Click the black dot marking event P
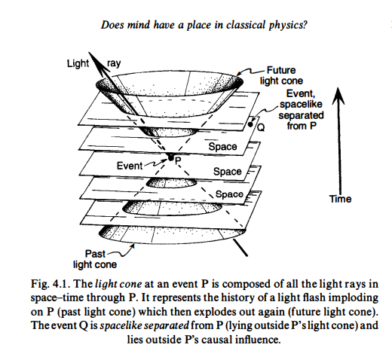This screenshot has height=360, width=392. click(x=171, y=158)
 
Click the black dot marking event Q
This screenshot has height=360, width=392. click(x=250, y=124)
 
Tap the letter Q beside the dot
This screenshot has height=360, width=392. click(x=261, y=128)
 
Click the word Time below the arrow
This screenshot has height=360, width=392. click(x=341, y=199)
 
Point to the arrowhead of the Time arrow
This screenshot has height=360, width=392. click(x=338, y=96)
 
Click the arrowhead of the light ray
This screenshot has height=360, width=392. click(x=96, y=62)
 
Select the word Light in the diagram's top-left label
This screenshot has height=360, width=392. click(x=78, y=63)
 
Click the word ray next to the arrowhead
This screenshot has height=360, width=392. click(x=114, y=63)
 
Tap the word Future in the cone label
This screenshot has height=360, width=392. click(x=281, y=70)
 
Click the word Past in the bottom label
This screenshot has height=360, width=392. click(x=95, y=254)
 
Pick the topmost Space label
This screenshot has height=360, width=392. click(x=222, y=147)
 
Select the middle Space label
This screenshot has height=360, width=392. click(x=228, y=172)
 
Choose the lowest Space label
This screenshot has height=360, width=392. click(x=229, y=194)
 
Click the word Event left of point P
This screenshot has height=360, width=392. click(x=130, y=166)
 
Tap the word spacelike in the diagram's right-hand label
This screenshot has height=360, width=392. click(x=301, y=105)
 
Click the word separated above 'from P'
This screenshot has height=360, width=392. click(x=301, y=115)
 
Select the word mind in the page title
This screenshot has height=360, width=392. click(x=139, y=25)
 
